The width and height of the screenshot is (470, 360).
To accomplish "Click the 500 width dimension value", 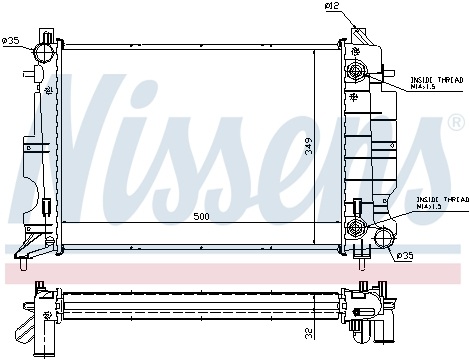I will [x=203, y=217].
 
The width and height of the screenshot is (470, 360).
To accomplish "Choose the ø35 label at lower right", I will [x=406, y=256].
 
